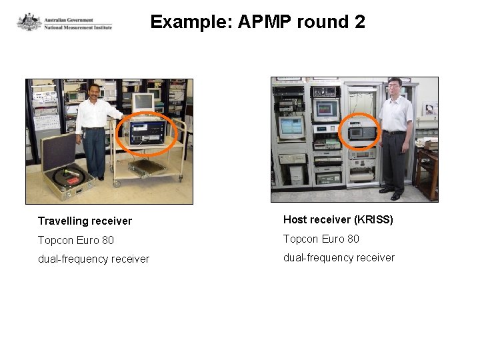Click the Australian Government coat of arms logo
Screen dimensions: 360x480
29,22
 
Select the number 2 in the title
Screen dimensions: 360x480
359,22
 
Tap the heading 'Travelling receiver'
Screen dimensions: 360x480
85,221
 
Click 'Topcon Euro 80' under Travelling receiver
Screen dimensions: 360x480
75,240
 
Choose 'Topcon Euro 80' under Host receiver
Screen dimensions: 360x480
321,239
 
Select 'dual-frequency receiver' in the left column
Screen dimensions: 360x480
93,259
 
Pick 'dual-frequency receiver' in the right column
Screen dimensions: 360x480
339,257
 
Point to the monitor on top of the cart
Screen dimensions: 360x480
143,101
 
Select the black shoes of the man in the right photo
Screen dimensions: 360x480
391,193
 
